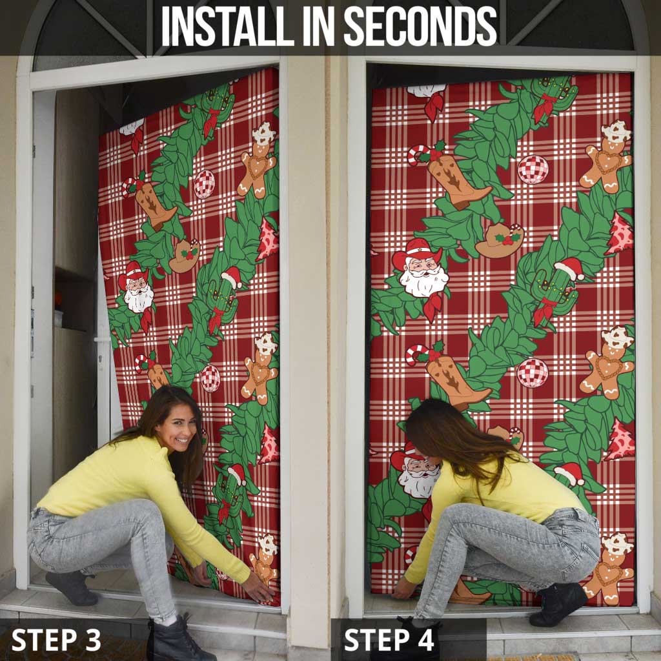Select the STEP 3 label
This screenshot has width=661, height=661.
(x=56, y=640)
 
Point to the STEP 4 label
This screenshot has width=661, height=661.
(x=390, y=640)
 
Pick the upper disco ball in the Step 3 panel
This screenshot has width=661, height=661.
(x=204, y=183)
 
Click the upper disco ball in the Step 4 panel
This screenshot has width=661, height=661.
(x=533, y=169)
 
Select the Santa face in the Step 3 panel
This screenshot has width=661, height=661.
(x=137, y=291)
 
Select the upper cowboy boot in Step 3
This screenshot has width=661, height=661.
(x=154, y=205)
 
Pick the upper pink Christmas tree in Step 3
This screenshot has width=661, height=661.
(x=267, y=239)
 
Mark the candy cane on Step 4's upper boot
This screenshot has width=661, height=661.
(x=419, y=154)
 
